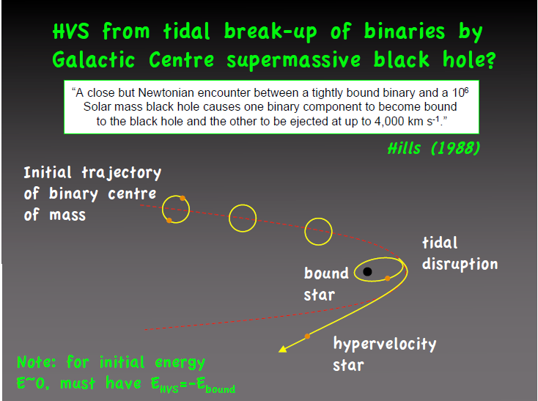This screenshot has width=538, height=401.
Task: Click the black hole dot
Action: coord(367,272)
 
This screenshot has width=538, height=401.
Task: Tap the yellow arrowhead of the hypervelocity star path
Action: coord(283,349)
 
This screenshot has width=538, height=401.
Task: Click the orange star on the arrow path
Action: coord(307,336)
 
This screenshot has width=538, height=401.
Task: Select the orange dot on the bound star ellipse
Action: coord(387,278)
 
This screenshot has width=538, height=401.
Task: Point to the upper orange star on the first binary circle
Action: coord(183,198)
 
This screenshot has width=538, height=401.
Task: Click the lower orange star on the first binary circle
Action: coord(169,220)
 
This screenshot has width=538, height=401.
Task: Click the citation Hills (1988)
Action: coord(434,148)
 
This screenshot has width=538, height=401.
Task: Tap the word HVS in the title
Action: coord(71,32)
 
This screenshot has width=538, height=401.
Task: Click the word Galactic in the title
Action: coord(94,59)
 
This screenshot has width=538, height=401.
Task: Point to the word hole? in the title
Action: coord(469,59)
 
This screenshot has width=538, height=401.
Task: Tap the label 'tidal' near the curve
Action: coord(440,243)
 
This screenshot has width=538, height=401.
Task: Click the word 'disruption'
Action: coord(460,265)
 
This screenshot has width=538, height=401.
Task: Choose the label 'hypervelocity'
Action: coord(385,344)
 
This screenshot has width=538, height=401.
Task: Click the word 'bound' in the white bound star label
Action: coord(326,273)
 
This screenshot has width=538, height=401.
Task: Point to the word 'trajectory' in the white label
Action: coord(122,173)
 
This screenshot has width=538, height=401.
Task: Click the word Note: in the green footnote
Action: coord(37,362)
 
